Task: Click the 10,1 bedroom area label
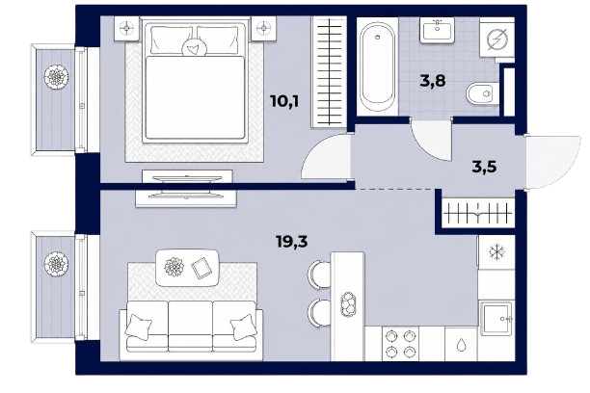284,101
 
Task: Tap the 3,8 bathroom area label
433,81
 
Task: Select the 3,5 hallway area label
484,167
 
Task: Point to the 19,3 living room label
292,242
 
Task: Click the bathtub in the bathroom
377,66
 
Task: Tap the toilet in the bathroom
481,92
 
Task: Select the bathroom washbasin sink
438,30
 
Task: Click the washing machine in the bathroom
497,39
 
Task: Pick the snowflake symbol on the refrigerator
496,252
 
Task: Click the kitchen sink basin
496,319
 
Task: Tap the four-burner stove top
400,344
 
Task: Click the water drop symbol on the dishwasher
462,345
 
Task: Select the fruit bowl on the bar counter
348,303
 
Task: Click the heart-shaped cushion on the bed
194,48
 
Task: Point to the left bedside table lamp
126,28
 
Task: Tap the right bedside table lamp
264,28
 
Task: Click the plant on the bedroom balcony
57,77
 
